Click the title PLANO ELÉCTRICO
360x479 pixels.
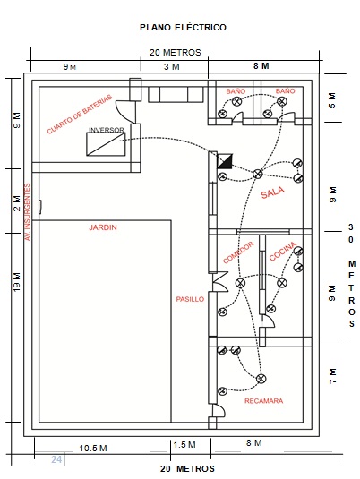[x=183, y=28]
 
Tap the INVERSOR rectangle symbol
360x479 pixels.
[x=106, y=144]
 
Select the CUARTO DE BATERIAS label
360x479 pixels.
[x=80, y=115]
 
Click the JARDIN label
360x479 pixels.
[x=103, y=227]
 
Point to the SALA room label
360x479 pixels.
[x=272, y=192]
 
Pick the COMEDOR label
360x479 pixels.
[x=238, y=252]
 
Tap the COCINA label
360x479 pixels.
[x=283, y=251]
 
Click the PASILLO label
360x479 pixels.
[x=190, y=299]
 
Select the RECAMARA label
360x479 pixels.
[x=264, y=401]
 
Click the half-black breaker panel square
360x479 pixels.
[x=225, y=161]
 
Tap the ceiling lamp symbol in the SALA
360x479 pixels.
[x=258, y=174]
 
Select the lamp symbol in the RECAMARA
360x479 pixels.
[x=261, y=379]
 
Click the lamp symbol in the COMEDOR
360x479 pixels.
[x=241, y=283]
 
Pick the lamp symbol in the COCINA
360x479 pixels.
[x=282, y=283]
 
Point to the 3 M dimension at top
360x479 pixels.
[x=172, y=66]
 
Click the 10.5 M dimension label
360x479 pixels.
[x=93, y=449]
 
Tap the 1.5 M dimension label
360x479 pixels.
[x=184, y=444]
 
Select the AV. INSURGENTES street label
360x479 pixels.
[x=28, y=212]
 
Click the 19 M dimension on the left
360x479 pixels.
[x=17, y=282]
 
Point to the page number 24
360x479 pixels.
[x=56, y=459]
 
